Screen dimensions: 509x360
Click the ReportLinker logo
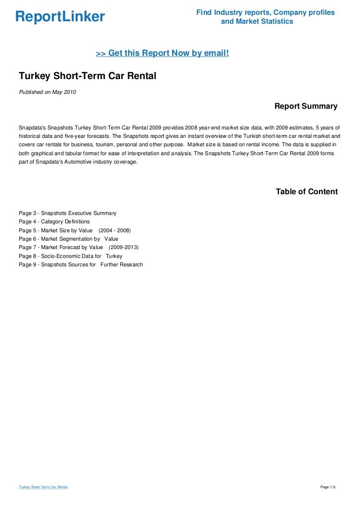click(60, 17)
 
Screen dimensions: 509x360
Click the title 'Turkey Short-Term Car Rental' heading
click(87, 77)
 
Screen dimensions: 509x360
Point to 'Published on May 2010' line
click(47, 92)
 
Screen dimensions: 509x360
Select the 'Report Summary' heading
click(306, 106)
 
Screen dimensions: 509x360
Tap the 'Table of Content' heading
click(307, 192)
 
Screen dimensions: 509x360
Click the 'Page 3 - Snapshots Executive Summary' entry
click(67, 213)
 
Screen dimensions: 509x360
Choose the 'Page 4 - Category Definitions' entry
click(54, 221)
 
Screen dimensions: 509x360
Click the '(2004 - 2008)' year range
click(115, 230)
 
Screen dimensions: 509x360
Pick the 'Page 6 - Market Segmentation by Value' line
click(68, 239)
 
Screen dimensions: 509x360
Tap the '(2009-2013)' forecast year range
click(124, 247)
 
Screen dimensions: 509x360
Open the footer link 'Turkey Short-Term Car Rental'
click(44, 487)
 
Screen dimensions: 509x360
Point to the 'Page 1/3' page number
click(328, 487)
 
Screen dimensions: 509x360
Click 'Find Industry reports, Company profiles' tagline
click(265, 12)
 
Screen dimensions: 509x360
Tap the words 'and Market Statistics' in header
click(257, 22)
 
